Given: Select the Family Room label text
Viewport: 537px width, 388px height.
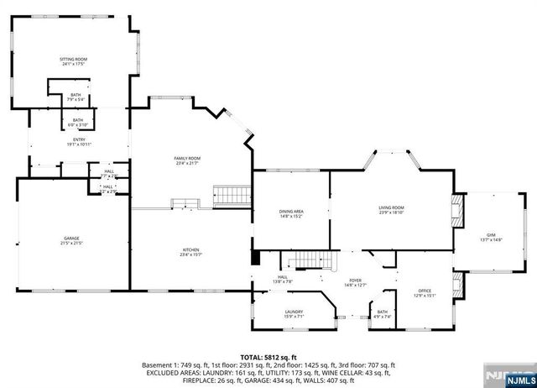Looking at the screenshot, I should (x=187, y=160).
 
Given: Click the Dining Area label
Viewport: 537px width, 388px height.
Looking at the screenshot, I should (x=291, y=213).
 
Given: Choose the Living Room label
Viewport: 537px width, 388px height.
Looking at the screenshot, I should (x=392, y=209).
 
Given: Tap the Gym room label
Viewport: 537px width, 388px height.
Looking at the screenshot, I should (x=491, y=237).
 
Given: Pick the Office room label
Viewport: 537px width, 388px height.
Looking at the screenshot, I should (x=425, y=293).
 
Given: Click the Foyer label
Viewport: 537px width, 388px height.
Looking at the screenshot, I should (x=356, y=283).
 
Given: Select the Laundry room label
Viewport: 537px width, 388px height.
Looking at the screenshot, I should (x=294, y=315).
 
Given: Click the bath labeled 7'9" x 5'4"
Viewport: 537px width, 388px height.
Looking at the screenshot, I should (x=76, y=97).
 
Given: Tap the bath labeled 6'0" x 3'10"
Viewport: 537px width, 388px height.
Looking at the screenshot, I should (x=77, y=123).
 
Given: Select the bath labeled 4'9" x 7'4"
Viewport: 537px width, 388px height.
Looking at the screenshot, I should (x=382, y=314).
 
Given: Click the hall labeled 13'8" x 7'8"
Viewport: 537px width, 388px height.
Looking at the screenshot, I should (x=283, y=280).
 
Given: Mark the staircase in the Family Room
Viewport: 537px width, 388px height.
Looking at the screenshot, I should (x=231, y=195).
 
